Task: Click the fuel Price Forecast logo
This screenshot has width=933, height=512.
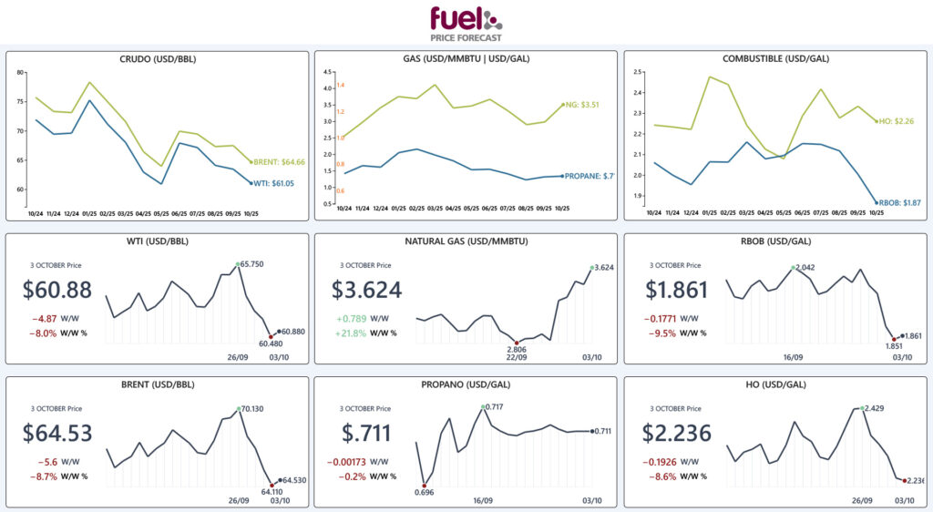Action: tap(466, 24)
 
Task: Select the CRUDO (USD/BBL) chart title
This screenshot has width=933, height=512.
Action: tap(158, 59)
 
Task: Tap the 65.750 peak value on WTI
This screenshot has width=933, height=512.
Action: tap(254, 264)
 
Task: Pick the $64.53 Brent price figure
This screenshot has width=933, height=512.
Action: tap(56, 434)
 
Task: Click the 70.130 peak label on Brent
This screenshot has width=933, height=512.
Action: tap(254, 409)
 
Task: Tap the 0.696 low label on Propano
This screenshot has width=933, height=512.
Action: tap(424, 492)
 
